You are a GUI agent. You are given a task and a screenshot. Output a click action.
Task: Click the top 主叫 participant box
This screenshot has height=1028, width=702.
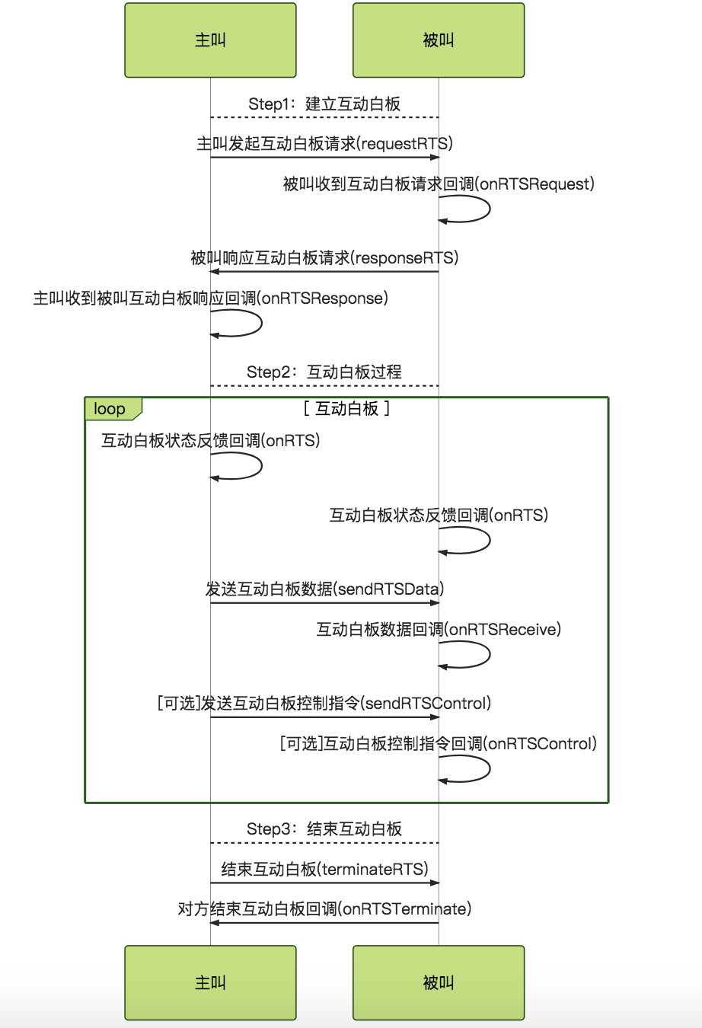210,40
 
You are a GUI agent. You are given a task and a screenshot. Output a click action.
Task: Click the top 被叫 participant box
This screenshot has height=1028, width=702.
439,40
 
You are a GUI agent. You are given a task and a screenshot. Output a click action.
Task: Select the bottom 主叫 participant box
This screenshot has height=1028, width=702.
210,982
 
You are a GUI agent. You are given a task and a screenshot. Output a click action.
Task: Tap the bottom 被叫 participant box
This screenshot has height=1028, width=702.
439,982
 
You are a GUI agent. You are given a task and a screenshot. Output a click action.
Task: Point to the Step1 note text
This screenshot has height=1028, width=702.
324,104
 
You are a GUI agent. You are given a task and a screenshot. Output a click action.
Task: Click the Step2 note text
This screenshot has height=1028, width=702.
324,372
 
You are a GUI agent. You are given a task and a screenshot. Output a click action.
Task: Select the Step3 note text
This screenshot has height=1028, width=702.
324,828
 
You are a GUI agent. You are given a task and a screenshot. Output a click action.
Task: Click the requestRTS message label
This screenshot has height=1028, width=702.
325,144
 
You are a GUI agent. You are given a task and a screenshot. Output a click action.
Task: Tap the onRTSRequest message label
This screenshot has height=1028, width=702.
439,184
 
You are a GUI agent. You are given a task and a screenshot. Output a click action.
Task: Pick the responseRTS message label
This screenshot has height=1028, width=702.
324,258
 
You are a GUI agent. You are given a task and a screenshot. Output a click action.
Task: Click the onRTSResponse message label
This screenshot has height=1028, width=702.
211,299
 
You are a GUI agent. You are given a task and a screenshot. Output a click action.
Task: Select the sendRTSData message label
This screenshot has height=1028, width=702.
324,589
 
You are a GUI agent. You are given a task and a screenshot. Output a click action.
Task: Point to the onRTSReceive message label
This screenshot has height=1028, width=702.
439,629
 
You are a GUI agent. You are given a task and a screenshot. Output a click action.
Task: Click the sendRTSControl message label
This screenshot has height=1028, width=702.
324,703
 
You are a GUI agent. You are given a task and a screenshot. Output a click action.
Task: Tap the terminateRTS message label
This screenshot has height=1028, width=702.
324,869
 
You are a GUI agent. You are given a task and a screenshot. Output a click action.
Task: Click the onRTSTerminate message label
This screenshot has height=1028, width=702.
324,909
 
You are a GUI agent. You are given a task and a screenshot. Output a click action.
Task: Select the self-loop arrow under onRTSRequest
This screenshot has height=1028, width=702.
490,209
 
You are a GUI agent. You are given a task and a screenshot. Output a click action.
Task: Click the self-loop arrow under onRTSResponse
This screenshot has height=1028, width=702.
261,324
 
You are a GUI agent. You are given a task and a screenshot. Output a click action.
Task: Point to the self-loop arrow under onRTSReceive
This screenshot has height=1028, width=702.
490,654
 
